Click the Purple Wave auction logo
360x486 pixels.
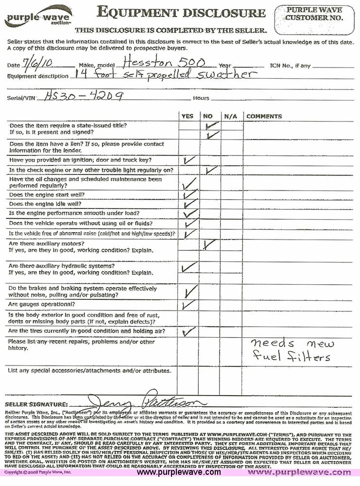pyautogui.click(x=37, y=17)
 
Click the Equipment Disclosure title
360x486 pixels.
pyautogui.click(x=181, y=12)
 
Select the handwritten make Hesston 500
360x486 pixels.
pyautogui.click(x=163, y=62)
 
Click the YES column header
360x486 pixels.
pyautogui.click(x=187, y=117)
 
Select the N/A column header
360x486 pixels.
pyautogui.click(x=230, y=117)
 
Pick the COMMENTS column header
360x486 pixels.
pyautogui.click(x=264, y=117)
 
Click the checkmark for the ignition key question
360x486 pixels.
pyautogui.click(x=189, y=160)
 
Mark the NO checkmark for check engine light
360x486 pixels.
pyautogui.click(x=211, y=170)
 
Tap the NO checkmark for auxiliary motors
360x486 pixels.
pyautogui.click(x=209, y=245)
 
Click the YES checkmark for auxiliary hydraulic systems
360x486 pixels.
pyautogui.click(x=189, y=267)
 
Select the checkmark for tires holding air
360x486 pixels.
pyautogui.click(x=188, y=332)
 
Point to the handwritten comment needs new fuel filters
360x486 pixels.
pyautogui.click(x=292, y=350)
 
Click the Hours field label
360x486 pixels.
pyautogui.click(x=201, y=98)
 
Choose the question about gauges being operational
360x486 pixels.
pyautogui.click(x=42, y=304)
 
